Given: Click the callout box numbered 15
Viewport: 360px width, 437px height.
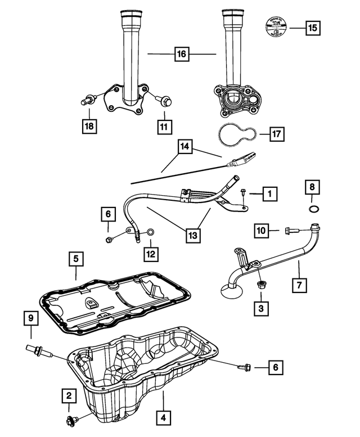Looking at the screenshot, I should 311,26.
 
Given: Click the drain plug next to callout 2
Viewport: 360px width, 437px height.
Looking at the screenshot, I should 71,420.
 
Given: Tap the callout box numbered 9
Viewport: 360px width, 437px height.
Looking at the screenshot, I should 31,319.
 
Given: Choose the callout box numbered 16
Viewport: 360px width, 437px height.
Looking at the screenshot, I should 181,55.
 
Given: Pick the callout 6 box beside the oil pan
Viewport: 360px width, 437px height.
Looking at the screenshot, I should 275,368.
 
